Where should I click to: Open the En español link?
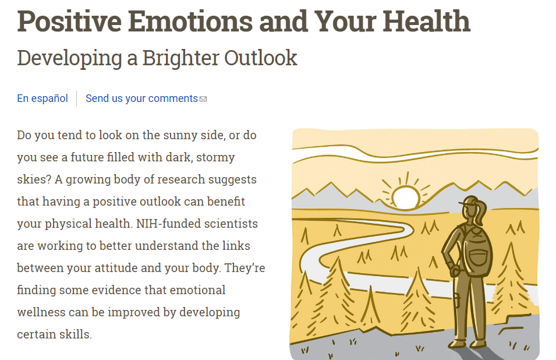coord(43,98)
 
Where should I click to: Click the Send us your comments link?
coord(141,98)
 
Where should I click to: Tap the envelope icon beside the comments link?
coord(203,99)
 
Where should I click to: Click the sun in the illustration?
coord(405,197)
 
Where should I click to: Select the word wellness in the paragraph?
coord(40,312)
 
